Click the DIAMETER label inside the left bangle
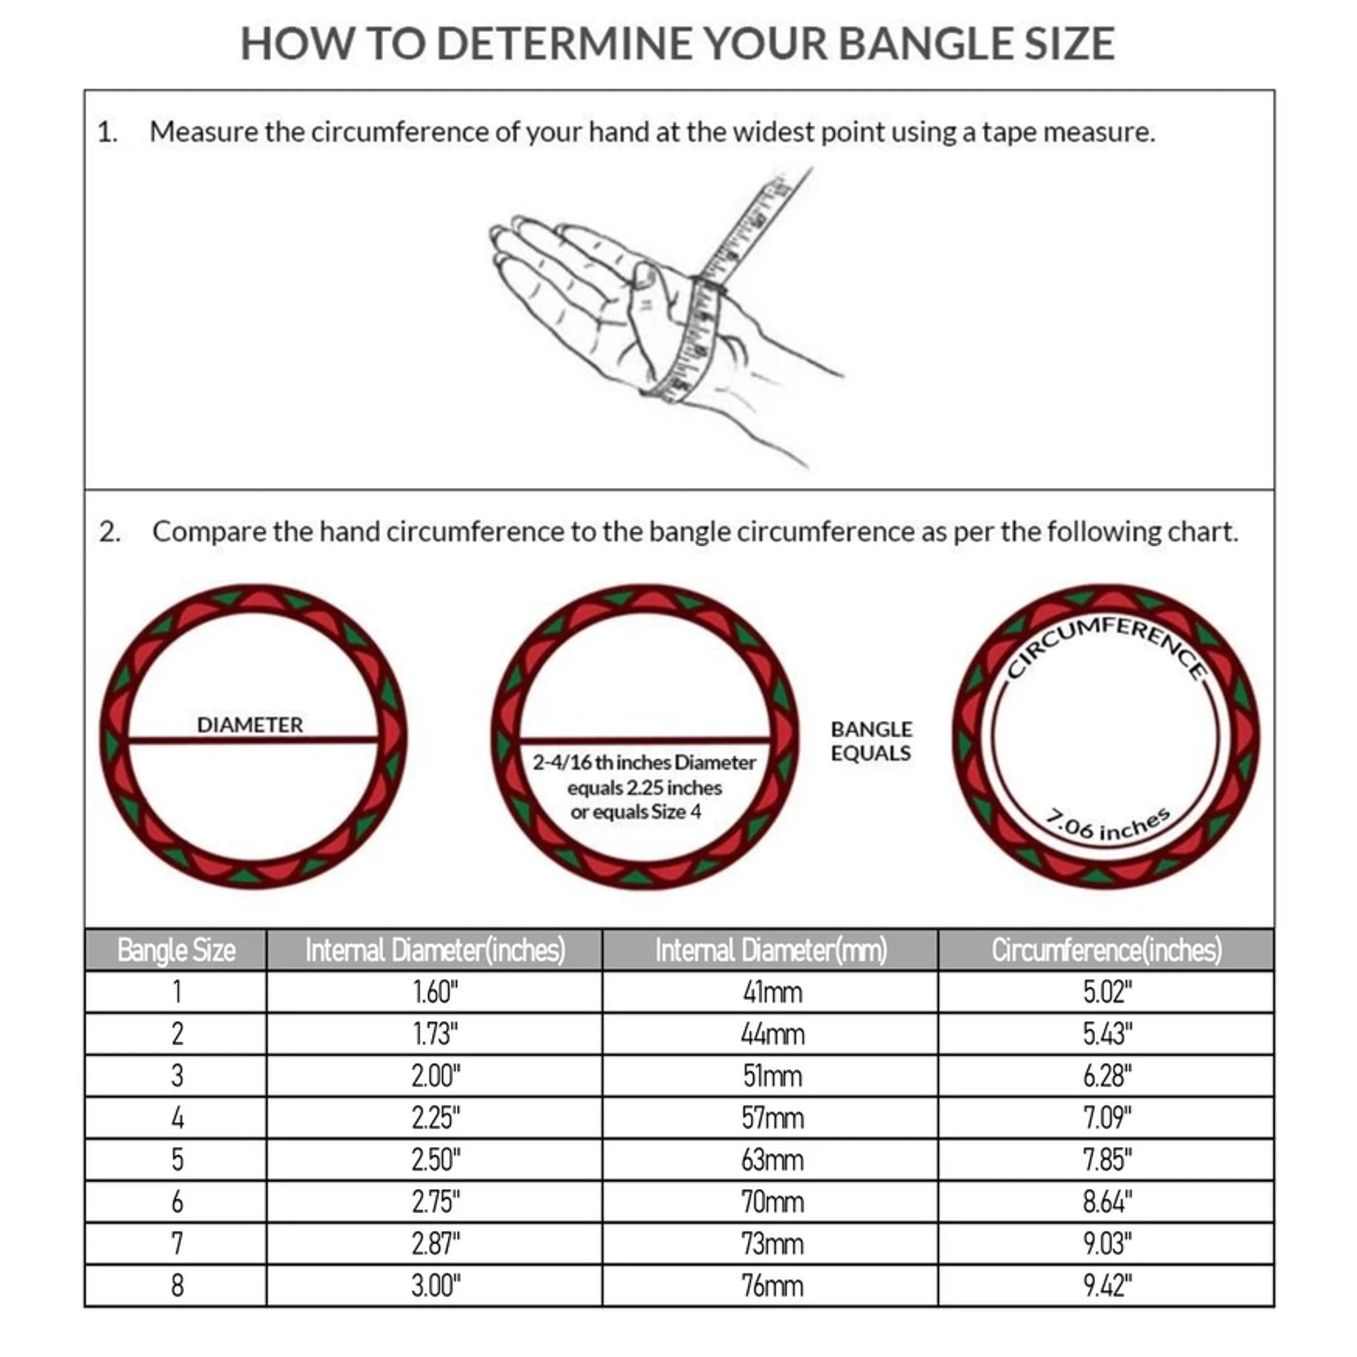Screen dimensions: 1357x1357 point(250,725)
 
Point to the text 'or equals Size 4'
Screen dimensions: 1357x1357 point(636,812)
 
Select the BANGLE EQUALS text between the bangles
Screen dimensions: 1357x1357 point(871,741)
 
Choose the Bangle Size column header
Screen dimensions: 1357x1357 point(176,950)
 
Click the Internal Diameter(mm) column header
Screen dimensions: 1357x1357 point(771,950)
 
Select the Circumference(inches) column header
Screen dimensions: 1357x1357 point(1106,950)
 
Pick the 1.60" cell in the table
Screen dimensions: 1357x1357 point(434,992)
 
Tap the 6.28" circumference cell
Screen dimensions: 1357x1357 point(1107,1076)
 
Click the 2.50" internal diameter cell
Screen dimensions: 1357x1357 point(435,1160)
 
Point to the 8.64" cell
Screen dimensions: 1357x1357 point(1107,1201)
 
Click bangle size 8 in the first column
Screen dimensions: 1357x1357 point(177,1285)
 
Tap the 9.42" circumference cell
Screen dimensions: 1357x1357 point(1107,1285)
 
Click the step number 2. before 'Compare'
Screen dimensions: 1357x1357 point(109,531)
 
